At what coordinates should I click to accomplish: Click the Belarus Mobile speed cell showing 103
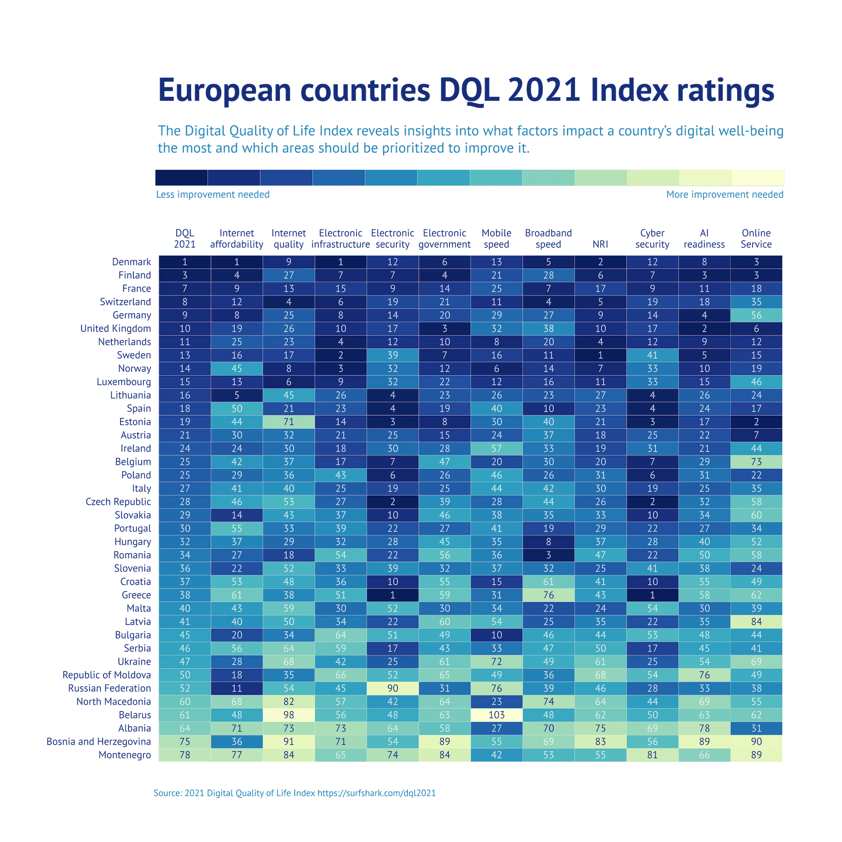pyautogui.click(x=496, y=715)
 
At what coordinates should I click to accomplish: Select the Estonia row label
pyautogui.click(x=135, y=422)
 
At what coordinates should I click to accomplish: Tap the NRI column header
pyautogui.click(x=600, y=244)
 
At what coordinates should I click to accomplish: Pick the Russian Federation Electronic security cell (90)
pyautogui.click(x=392, y=688)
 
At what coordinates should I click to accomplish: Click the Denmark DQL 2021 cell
pyautogui.click(x=185, y=262)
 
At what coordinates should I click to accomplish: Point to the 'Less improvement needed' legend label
pyautogui.click(x=213, y=194)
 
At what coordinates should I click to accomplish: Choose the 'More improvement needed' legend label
pyautogui.click(x=724, y=194)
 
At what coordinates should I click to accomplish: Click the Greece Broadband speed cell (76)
pyautogui.click(x=548, y=595)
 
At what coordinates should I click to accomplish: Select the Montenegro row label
pyautogui.click(x=125, y=755)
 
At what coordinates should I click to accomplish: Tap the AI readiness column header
pyautogui.click(x=704, y=239)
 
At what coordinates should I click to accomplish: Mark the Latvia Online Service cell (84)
pyautogui.click(x=756, y=621)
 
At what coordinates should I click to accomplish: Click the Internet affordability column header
pyautogui.click(x=236, y=239)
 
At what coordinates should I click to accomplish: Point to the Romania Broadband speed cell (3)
pyautogui.click(x=548, y=555)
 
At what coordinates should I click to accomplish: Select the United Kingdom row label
pyautogui.click(x=115, y=328)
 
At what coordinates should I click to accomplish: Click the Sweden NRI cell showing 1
pyautogui.click(x=600, y=355)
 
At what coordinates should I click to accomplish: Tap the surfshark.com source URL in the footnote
pyautogui.click(x=376, y=793)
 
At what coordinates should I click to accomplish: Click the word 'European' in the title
pyautogui.click(x=225, y=90)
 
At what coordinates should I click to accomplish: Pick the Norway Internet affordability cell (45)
pyautogui.click(x=236, y=368)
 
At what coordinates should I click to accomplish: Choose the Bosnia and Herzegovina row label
pyautogui.click(x=99, y=742)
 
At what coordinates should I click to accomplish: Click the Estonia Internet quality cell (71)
pyautogui.click(x=289, y=422)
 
